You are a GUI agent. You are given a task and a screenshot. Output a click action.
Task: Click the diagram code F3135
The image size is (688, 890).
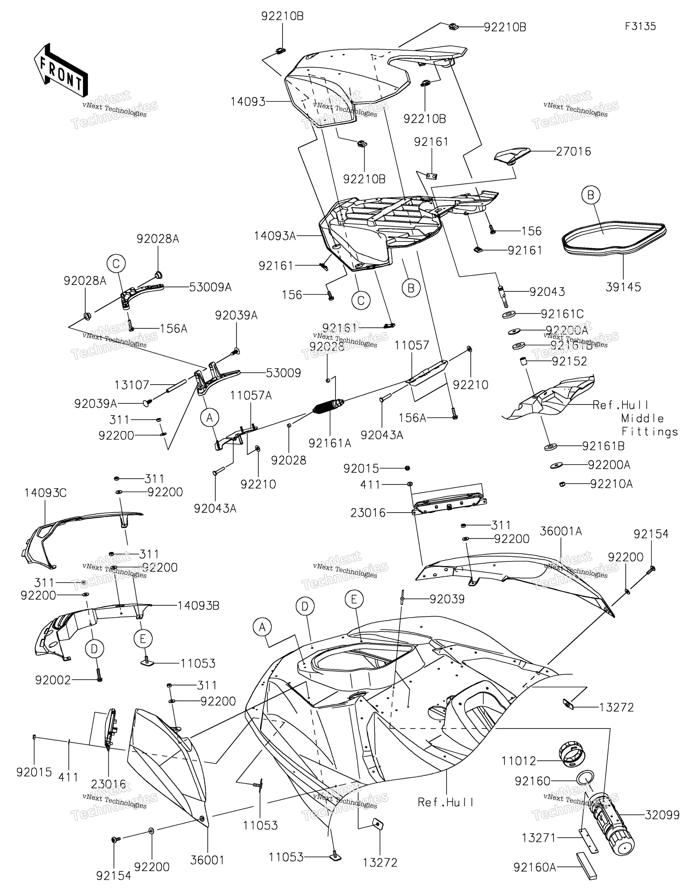pos(640,26)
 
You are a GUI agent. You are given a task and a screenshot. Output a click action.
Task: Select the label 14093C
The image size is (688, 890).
pos(45,493)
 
